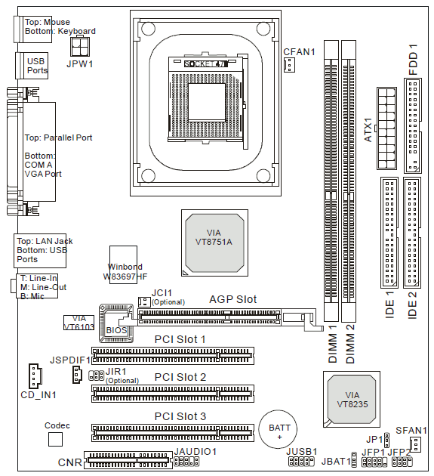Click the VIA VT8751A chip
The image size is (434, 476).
[x=214, y=243]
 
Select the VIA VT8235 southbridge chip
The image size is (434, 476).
[x=352, y=399]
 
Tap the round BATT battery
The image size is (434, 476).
[x=278, y=429]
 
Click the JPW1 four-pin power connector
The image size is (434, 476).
[x=80, y=47]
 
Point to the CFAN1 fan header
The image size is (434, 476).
[x=289, y=65]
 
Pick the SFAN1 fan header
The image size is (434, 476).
[x=415, y=444]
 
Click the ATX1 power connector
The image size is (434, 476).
[x=386, y=128]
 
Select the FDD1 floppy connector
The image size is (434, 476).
[x=412, y=125]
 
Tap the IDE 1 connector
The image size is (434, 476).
[x=389, y=233]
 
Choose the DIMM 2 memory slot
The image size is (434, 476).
[x=349, y=181]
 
